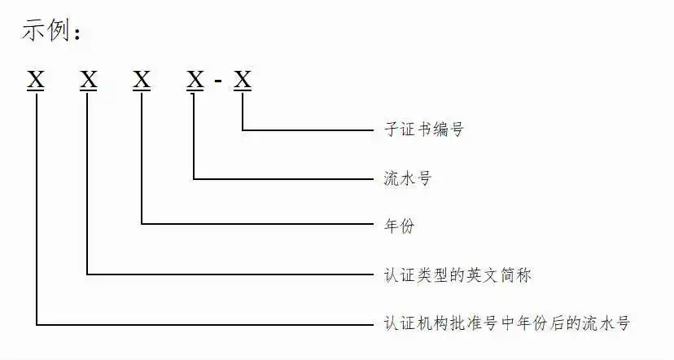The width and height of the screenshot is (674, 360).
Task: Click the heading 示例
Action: tap(46, 30)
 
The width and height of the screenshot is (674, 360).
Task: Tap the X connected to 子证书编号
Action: tap(243, 80)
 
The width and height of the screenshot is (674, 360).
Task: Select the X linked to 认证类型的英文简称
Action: tap(89, 80)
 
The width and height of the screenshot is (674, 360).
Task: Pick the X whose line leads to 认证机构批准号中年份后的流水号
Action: tap(36, 80)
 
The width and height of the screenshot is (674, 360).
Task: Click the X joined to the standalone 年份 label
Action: tap(142, 80)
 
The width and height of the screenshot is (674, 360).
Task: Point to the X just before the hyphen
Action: tap(195, 80)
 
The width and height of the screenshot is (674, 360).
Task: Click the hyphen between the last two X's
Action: tap(218, 80)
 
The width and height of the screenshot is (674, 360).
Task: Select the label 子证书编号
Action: tap(424, 129)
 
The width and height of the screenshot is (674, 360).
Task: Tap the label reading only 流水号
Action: tap(408, 178)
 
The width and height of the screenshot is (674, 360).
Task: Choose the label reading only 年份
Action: tap(400, 226)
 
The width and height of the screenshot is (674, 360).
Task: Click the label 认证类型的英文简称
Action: tap(457, 275)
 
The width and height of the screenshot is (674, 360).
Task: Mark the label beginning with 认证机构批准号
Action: tap(507, 323)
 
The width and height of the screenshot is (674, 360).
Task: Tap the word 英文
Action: tap(482, 275)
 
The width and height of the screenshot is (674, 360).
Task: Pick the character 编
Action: tap(440, 129)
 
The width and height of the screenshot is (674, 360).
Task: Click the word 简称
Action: tap(516, 275)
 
